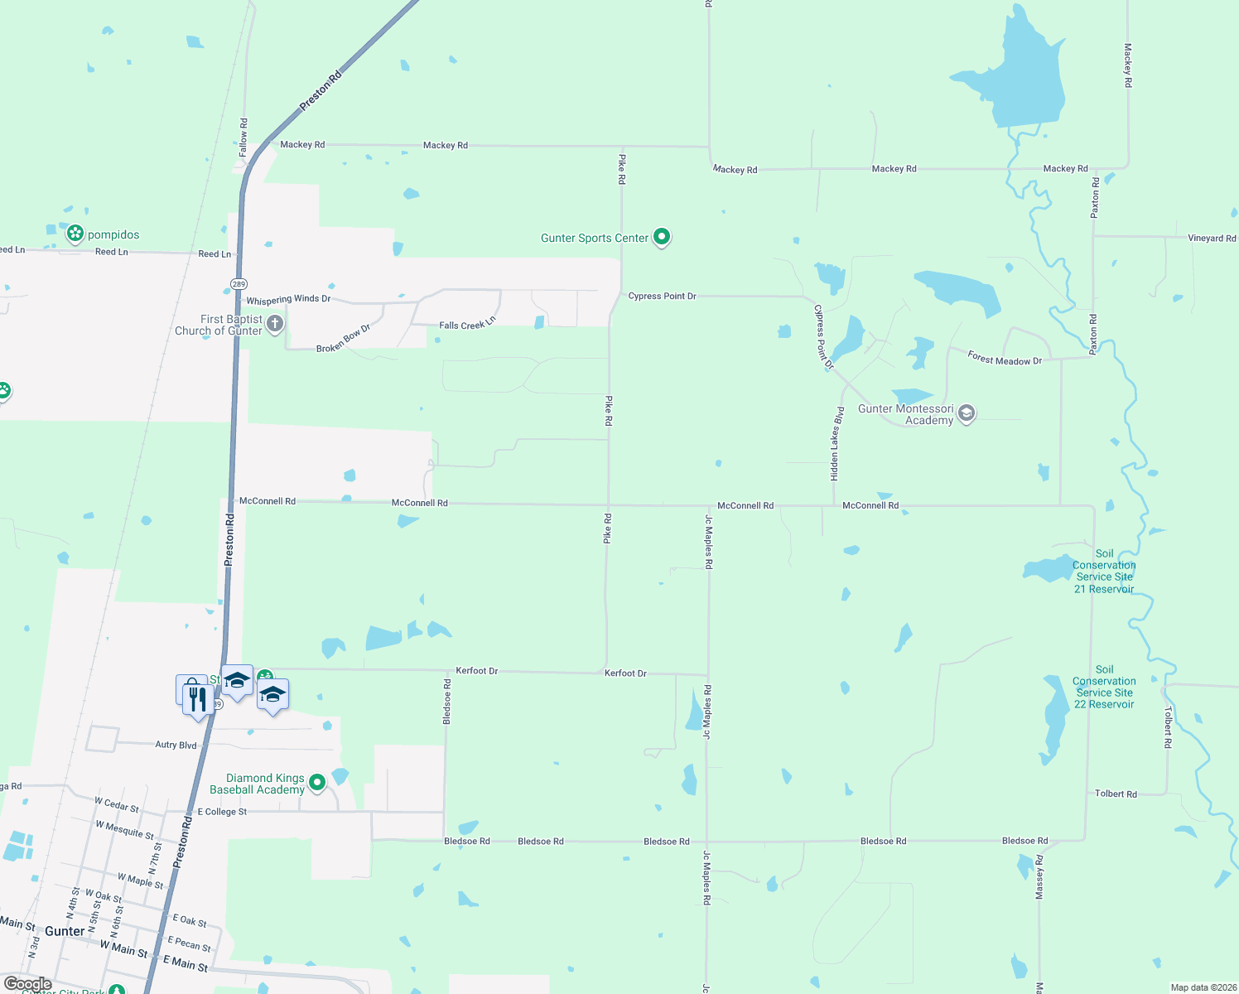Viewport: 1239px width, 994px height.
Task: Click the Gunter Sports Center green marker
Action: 661,238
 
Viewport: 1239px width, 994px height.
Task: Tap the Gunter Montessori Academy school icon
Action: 966,413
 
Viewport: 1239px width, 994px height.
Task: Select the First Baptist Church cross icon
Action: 275,323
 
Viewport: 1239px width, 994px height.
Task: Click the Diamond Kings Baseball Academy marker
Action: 316,782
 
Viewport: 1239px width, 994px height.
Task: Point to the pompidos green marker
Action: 75,234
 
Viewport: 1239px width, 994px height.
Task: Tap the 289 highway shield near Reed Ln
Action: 239,284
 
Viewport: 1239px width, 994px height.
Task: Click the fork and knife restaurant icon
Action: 197,697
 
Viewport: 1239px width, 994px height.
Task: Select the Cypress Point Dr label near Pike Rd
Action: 662,296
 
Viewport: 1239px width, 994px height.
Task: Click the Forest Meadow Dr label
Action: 1005,359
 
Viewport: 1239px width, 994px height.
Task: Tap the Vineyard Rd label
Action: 1211,238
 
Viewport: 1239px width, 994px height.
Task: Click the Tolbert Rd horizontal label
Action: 1116,794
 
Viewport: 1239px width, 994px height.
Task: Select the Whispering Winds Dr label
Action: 288,299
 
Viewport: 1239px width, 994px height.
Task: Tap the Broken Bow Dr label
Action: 343,340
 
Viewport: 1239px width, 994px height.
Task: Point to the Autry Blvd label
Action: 176,745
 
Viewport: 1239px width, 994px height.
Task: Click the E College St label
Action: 222,812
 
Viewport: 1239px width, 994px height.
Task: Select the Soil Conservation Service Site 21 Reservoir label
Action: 1104,572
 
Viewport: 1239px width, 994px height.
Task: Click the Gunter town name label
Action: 65,931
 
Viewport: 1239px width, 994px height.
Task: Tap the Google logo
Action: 28,984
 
